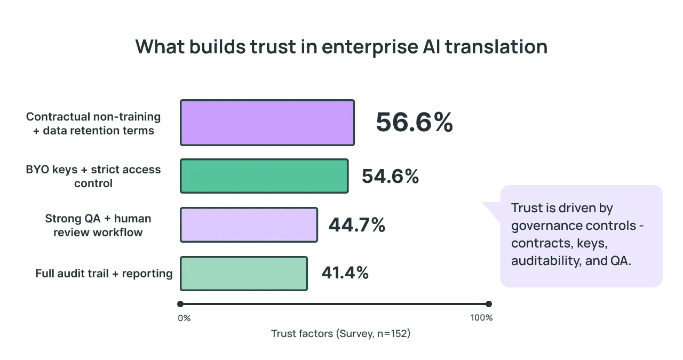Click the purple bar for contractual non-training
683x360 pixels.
point(267,123)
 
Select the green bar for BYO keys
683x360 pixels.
point(264,176)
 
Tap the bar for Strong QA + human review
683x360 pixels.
point(249,225)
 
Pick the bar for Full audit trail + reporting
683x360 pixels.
point(244,274)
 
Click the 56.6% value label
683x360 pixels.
point(414,123)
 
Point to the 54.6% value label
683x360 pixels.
point(390,177)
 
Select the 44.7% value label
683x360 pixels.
point(357,225)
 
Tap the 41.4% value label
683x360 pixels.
point(345,274)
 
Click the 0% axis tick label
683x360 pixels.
point(184,318)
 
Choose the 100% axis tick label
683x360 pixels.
point(482,318)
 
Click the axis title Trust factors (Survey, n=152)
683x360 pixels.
point(340,334)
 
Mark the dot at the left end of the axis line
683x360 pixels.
point(180,304)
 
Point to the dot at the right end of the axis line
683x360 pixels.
point(489,304)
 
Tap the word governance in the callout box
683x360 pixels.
point(543,226)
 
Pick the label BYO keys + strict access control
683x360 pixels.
point(93,177)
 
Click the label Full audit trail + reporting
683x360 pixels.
point(104,274)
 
